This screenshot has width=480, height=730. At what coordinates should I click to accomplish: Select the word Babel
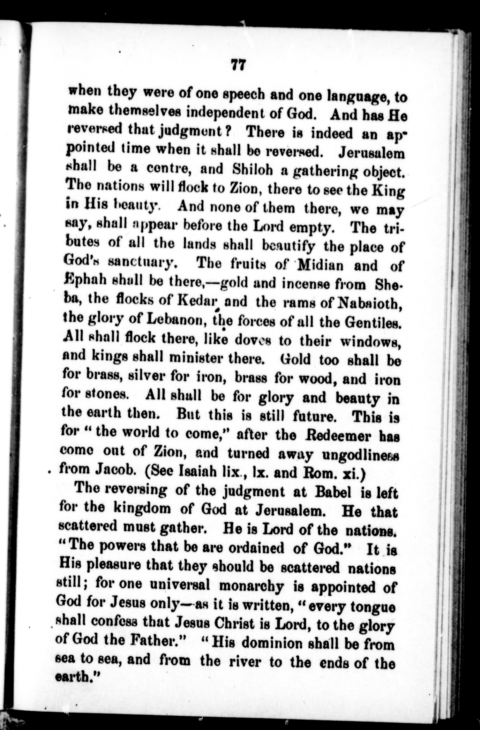click(x=332, y=492)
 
